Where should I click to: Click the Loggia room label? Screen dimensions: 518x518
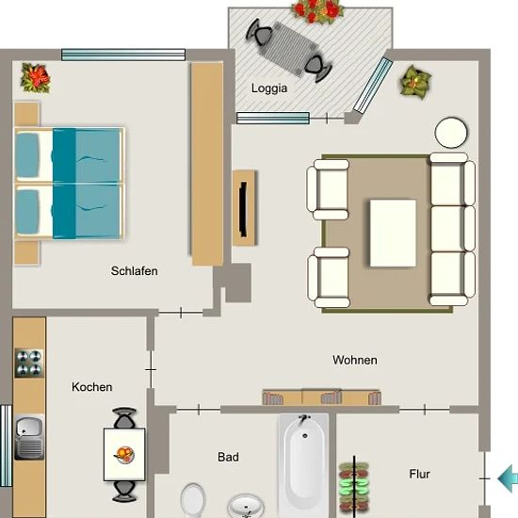(269, 89)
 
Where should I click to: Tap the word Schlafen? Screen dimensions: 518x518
(134, 271)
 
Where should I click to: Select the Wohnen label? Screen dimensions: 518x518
(355, 360)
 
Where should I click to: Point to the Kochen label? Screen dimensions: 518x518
(92, 387)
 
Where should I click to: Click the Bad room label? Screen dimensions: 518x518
(228, 457)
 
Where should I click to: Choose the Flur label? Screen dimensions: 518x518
(419, 474)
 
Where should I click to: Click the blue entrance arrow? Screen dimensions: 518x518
(508, 478)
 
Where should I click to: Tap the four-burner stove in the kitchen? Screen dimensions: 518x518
(29, 363)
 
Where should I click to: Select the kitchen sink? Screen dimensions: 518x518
(29, 437)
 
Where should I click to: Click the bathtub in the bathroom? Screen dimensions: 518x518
(304, 465)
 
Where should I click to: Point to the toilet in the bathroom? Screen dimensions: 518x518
(193, 500)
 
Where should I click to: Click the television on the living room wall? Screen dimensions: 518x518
(244, 209)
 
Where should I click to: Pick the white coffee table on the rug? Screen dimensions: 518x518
(393, 233)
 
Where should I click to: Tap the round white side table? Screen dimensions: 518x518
(451, 133)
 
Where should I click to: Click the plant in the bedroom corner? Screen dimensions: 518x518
(36, 78)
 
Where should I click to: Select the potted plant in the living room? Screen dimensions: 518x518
(415, 82)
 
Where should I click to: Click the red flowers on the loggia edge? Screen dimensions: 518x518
(317, 11)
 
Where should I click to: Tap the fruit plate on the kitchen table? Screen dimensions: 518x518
(124, 455)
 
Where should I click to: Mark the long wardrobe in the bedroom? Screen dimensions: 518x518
(207, 164)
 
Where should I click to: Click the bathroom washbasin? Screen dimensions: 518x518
(246, 506)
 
